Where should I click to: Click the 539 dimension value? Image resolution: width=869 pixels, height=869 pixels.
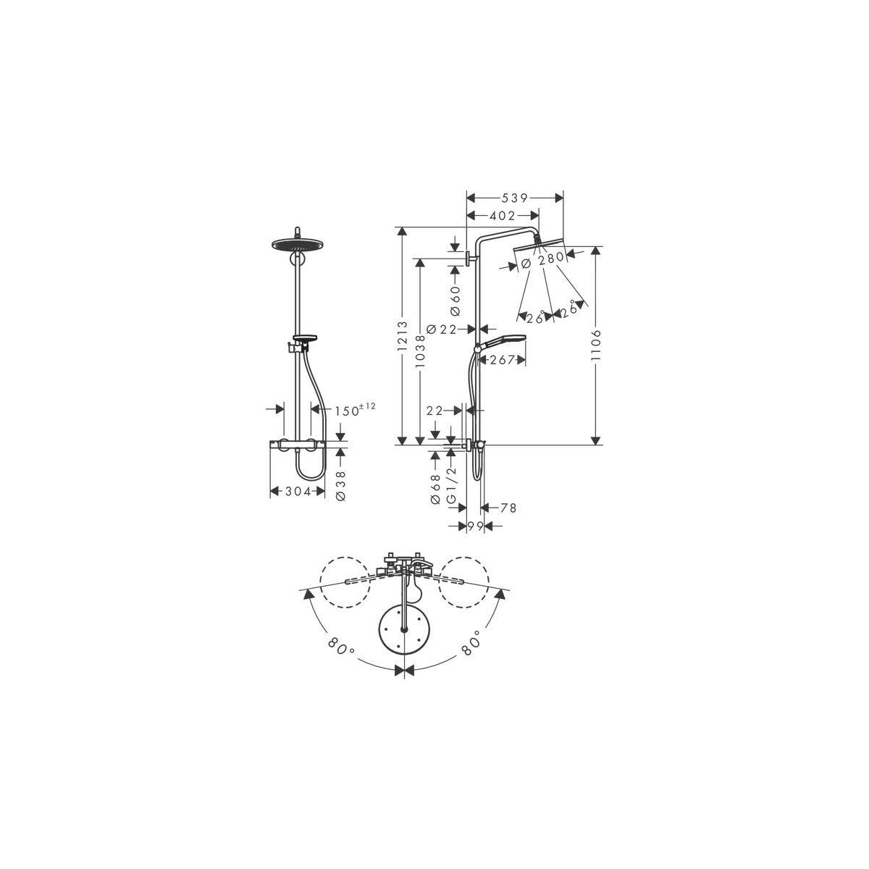(514, 198)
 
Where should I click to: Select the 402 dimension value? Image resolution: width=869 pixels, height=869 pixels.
(502, 216)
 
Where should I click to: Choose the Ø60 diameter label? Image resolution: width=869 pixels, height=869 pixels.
(455, 301)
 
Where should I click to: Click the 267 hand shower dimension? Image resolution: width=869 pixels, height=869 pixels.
(502, 359)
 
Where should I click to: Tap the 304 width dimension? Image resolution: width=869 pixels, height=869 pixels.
(298, 492)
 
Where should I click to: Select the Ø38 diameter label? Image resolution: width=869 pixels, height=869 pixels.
(341, 485)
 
